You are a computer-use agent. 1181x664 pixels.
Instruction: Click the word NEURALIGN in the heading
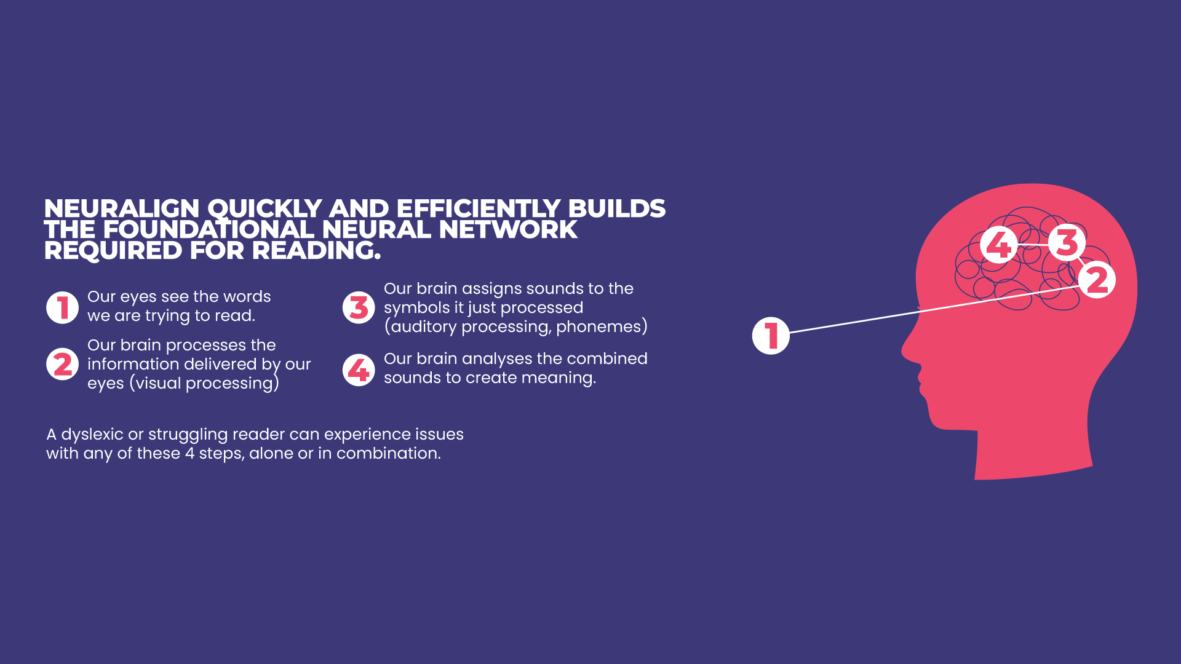(x=122, y=209)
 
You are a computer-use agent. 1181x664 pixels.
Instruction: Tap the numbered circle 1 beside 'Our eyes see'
(x=62, y=307)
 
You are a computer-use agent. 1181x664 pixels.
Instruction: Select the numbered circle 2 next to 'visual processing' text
(x=62, y=364)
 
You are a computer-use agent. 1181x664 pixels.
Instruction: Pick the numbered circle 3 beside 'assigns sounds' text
(x=359, y=307)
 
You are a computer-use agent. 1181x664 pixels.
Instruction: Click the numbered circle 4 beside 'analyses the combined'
(x=359, y=370)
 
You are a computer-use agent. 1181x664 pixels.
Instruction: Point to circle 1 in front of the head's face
(x=771, y=336)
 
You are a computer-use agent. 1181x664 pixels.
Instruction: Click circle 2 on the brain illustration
(x=1097, y=280)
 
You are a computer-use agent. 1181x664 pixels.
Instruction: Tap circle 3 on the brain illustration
(x=1067, y=242)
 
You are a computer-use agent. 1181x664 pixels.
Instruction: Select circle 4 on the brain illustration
(x=998, y=245)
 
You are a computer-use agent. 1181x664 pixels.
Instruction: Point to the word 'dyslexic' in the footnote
(x=92, y=435)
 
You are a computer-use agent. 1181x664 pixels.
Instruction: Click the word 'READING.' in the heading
(x=316, y=251)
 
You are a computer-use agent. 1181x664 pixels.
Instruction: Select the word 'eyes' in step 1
(x=138, y=298)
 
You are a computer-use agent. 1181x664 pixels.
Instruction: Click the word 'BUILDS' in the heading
(x=617, y=209)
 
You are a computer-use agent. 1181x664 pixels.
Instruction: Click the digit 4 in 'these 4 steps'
(x=189, y=454)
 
